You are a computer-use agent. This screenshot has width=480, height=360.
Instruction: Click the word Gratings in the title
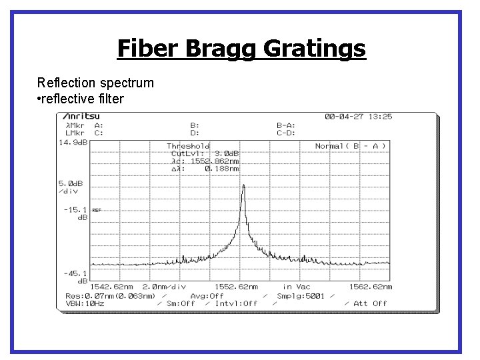pyautogui.click(x=314, y=48)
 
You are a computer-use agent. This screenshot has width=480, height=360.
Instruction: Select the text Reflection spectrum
pyautogui.click(x=95, y=83)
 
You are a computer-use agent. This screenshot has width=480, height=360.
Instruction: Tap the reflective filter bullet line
pyautogui.click(x=81, y=99)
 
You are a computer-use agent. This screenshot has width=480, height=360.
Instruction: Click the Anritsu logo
pyautogui.click(x=81, y=117)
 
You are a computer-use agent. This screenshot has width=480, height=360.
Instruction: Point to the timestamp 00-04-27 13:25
pyautogui.click(x=358, y=117)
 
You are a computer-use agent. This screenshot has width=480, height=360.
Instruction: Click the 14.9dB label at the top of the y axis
pyautogui.click(x=73, y=142)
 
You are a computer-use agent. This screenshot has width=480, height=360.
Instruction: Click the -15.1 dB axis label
pyautogui.click(x=75, y=213)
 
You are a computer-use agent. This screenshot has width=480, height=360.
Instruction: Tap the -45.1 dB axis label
pyautogui.click(x=75, y=276)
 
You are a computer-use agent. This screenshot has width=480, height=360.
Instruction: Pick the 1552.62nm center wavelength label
pyautogui.click(x=237, y=287)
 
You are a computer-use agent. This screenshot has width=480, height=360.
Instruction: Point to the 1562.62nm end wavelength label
pyautogui.click(x=370, y=287)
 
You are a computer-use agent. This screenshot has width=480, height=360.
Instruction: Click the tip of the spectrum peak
pyautogui.click(x=243, y=185)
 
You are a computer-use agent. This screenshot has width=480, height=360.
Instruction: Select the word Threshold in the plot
pyautogui.click(x=188, y=146)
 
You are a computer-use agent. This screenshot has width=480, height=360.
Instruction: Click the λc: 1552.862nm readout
pyautogui.click(x=205, y=161)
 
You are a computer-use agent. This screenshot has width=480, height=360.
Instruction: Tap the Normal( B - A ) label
pyautogui.click(x=350, y=146)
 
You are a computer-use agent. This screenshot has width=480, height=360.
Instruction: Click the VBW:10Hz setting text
pyautogui.click(x=85, y=303)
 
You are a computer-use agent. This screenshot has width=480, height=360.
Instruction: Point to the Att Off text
pyautogui.click(x=370, y=303)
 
